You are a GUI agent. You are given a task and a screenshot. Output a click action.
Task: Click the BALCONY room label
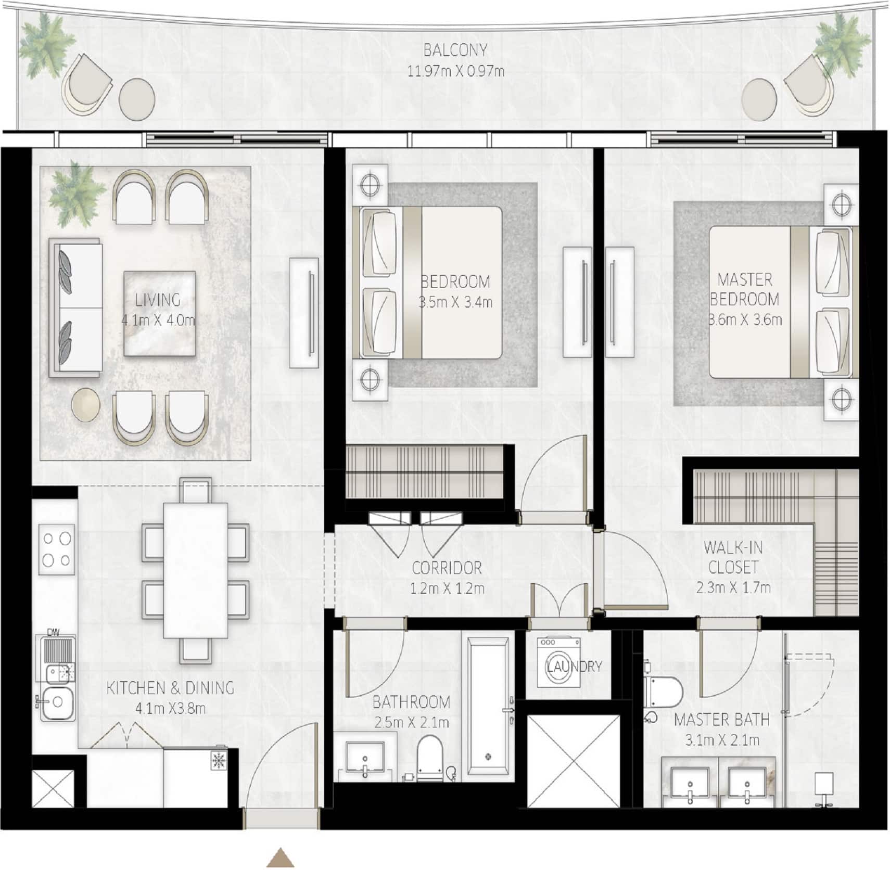(455, 50)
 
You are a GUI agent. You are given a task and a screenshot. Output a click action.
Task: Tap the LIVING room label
(158, 300)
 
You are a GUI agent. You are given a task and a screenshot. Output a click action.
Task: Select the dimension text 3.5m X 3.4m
(455, 302)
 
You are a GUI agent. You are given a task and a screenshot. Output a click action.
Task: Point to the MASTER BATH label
(721, 720)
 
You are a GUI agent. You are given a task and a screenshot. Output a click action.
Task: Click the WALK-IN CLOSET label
(733, 557)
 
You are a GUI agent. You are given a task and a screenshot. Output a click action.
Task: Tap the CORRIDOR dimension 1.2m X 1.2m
(447, 588)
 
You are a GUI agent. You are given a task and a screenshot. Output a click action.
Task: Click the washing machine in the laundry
(558, 662)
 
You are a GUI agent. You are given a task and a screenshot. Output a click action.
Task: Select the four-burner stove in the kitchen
(56, 549)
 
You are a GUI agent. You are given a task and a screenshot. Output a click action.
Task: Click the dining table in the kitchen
(195, 570)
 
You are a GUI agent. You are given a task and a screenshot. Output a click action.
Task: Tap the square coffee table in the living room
(159, 313)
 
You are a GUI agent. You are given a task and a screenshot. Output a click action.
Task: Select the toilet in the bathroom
(429, 758)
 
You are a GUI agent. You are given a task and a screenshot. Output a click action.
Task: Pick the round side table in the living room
(85, 404)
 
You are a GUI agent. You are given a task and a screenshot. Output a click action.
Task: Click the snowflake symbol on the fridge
(219, 760)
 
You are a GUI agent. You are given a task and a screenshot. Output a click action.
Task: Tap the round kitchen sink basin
(57, 702)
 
